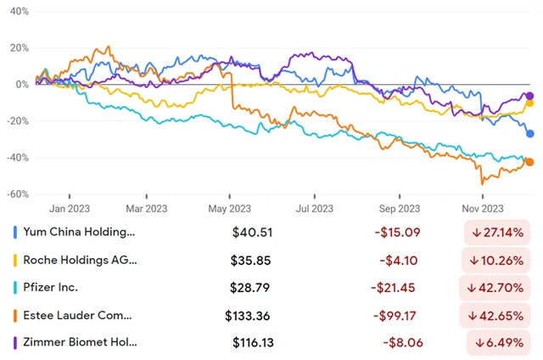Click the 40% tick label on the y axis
point(18,13)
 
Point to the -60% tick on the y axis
point(16,194)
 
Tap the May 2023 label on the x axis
point(229,208)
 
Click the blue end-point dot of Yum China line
point(530,133)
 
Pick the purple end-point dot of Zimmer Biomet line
point(530,96)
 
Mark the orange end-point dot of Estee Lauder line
point(529,162)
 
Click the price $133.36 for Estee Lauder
point(249,316)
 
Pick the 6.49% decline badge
point(501,343)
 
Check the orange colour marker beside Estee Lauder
point(14,316)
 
